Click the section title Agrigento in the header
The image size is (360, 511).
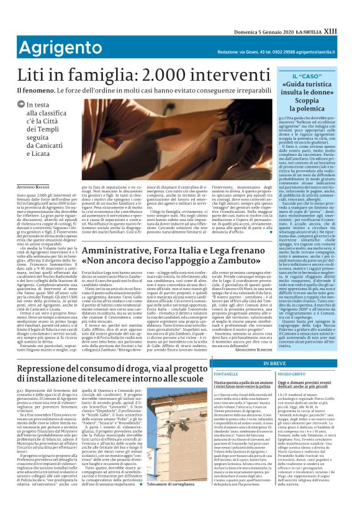(x=41, y=29)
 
